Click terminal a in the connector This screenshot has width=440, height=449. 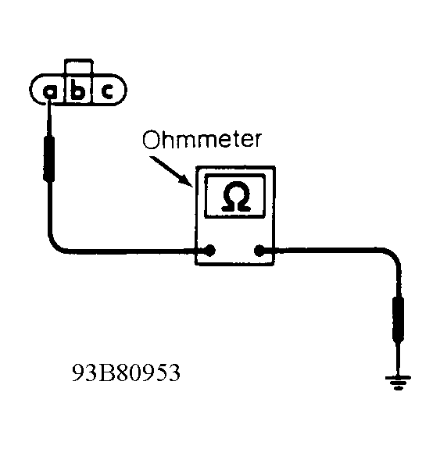[50, 92]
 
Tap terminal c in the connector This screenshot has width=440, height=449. [108, 91]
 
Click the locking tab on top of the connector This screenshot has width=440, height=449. [78, 66]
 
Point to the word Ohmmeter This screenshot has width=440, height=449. [202, 140]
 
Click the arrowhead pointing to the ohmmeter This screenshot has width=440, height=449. [186, 181]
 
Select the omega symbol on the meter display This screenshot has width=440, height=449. [236, 197]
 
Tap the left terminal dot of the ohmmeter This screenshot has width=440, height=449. [210, 251]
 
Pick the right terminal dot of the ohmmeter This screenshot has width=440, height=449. [259, 251]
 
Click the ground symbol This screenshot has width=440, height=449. [398, 383]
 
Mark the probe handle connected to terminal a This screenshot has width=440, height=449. [49, 159]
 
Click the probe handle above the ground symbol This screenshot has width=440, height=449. [398, 319]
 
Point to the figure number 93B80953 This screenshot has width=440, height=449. [126, 372]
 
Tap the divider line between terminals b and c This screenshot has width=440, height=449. [91, 88]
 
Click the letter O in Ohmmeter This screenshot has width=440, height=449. [151, 140]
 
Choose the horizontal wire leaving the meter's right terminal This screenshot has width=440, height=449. [324, 250]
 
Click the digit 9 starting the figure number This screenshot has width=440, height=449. [78, 372]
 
